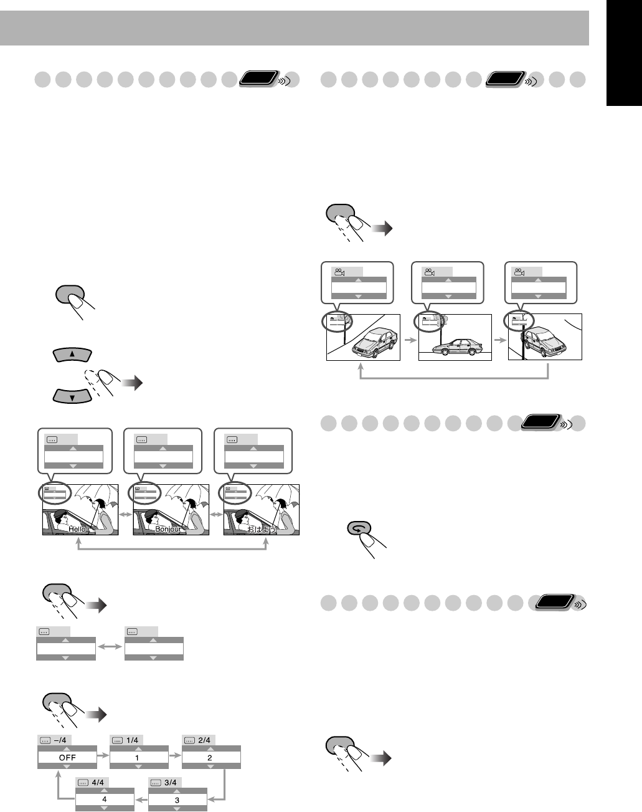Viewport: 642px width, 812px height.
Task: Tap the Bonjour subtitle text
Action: pyautogui.click(x=168, y=529)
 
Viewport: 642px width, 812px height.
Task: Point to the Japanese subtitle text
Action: pyautogui.click(x=260, y=529)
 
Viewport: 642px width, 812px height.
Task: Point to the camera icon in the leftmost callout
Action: pyautogui.click(x=339, y=272)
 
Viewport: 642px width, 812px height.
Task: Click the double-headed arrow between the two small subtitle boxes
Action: pyautogui.click(x=110, y=648)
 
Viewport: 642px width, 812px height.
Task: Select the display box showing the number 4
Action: pyautogui.click(x=105, y=800)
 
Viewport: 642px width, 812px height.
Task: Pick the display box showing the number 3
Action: pyautogui.click(x=177, y=800)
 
